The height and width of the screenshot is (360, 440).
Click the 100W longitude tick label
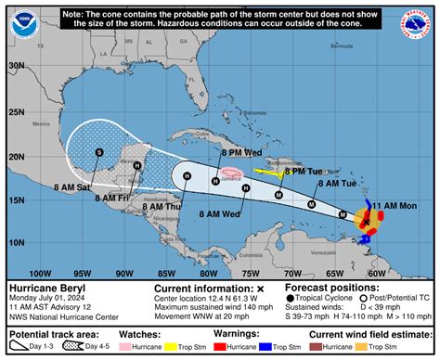[x=39, y=274]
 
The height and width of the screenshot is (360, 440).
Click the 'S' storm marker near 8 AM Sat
[x=98, y=152]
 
